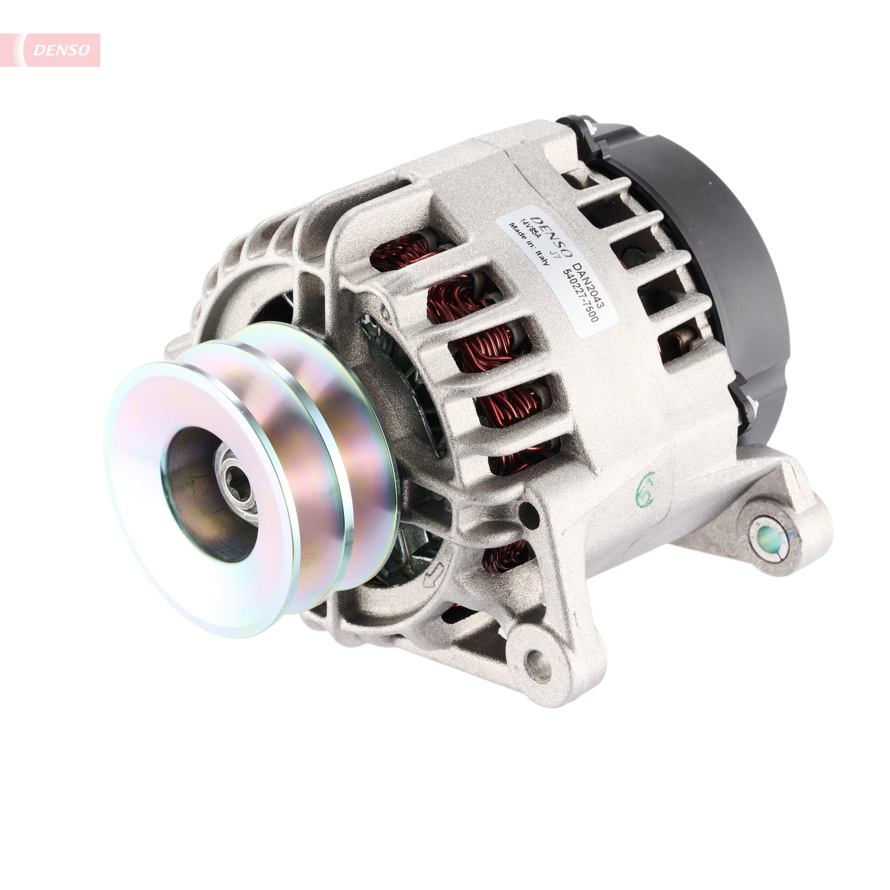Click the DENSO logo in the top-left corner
pos(61,50)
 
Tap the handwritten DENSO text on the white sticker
pos(550,235)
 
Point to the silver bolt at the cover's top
pos(590,125)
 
